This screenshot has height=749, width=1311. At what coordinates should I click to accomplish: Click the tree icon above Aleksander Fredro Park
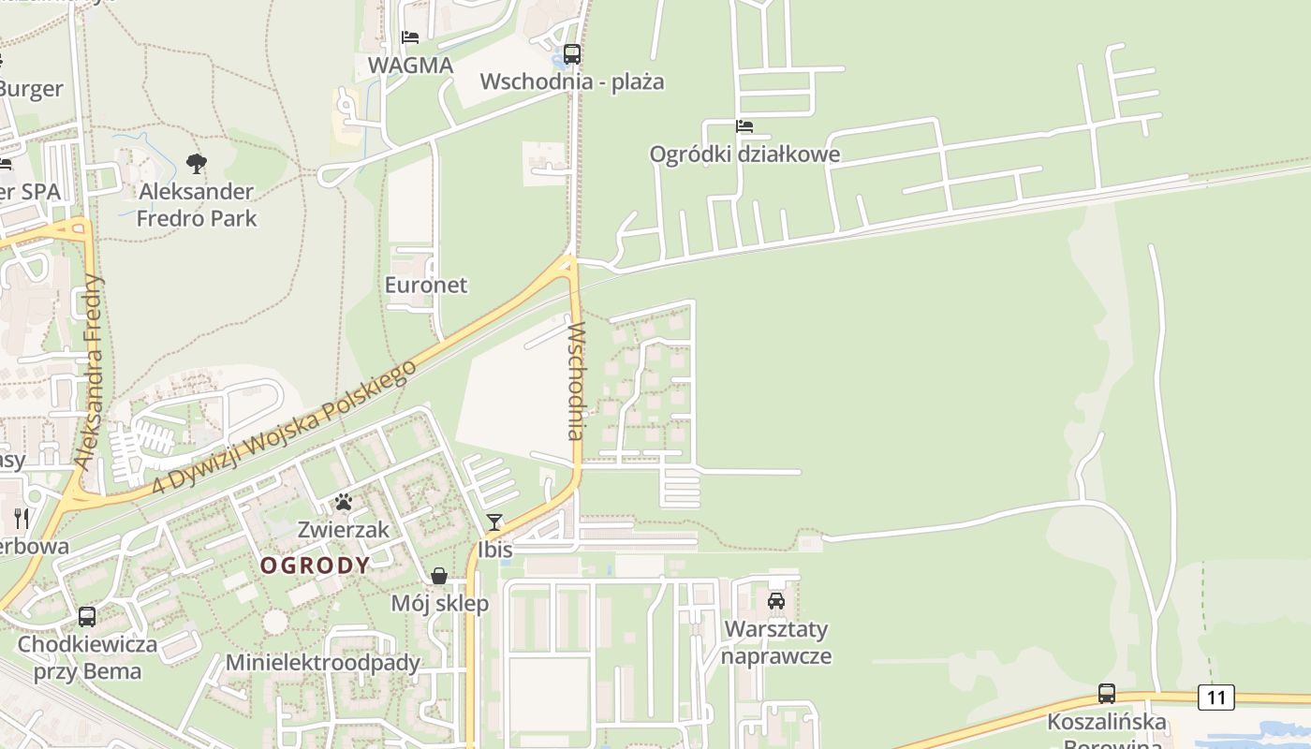[196, 164]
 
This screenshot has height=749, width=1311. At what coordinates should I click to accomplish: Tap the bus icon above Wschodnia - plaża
[571, 54]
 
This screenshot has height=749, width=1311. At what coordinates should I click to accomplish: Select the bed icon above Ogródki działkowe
[744, 126]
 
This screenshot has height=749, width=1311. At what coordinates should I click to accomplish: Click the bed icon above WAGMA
[410, 37]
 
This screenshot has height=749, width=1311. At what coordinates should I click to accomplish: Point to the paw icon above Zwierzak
[344, 503]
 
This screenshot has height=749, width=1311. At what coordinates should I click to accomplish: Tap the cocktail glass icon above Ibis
[494, 522]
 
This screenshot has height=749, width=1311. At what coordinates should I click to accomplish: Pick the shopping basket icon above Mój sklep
[439, 576]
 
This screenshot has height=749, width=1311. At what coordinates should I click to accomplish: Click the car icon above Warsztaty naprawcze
[775, 601]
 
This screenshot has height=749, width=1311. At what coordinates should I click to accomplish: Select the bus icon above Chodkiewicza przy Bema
[87, 617]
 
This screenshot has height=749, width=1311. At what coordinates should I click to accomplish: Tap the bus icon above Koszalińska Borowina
[1106, 694]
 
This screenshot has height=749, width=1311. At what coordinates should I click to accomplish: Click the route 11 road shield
[1215, 697]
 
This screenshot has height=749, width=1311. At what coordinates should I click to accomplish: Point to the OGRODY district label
[315, 565]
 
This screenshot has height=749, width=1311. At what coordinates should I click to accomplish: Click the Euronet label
[426, 285]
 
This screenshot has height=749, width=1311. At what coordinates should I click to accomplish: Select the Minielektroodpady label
[323, 663]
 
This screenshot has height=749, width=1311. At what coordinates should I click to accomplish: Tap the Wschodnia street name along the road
[575, 381]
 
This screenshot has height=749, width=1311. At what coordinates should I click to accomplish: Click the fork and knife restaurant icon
[21, 518]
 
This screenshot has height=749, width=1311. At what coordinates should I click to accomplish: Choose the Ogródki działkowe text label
[744, 154]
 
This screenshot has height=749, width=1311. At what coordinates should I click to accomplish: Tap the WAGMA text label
[410, 66]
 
